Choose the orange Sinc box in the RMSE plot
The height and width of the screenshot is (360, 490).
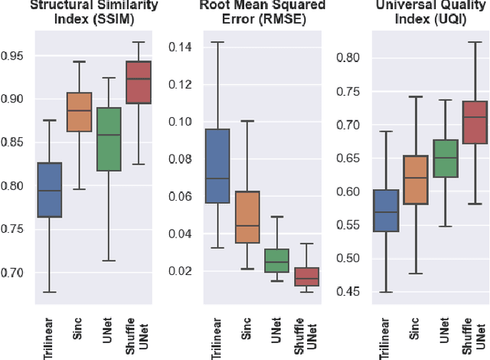coord(247,217)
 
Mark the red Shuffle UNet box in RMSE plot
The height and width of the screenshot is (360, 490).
coord(307,277)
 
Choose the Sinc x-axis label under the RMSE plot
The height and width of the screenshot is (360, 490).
coord(247,326)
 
